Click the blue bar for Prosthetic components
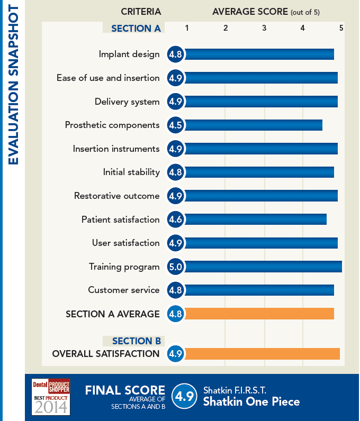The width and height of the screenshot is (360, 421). (x=253, y=125)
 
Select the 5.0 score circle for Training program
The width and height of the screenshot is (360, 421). (x=175, y=267)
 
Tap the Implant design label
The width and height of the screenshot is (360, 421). (x=129, y=54)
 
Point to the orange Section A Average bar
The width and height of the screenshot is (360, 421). (x=259, y=314)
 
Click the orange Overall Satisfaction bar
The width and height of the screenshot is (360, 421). (x=262, y=354)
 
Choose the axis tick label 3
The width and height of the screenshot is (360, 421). (x=264, y=28)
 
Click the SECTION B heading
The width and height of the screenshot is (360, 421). (x=137, y=341)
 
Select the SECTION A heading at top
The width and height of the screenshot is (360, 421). (x=136, y=29)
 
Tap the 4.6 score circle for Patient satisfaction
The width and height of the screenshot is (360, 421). (x=175, y=219)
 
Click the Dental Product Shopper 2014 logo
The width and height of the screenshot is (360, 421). (x=51, y=397)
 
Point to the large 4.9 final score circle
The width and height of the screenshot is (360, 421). (x=185, y=397)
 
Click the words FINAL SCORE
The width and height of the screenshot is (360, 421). (x=125, y=390)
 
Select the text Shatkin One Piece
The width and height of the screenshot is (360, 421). (x=251, y=402)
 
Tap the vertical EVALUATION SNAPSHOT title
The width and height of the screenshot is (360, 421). (x=13, y=85)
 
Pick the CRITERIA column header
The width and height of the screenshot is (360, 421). (x=141, y=12)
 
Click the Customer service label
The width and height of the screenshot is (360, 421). (x=124, y=290)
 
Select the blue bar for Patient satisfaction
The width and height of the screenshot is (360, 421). (x=255, y=219)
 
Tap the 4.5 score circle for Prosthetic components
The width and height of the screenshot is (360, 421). (x=175, y=125)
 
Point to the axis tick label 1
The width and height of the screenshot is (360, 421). (x=187, y=28)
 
